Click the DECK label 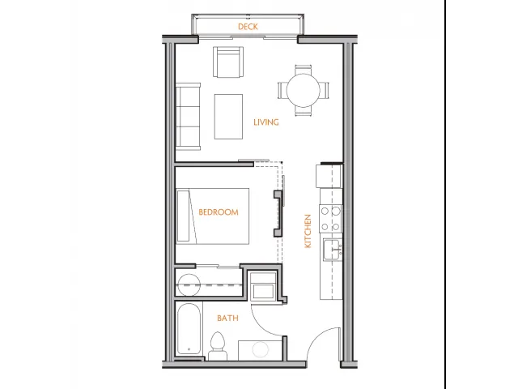248,27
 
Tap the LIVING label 266,122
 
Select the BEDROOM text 219,212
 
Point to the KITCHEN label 308,231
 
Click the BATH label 227,318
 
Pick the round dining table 304,90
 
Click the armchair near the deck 228,62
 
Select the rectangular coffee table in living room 228,117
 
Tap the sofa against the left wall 188,117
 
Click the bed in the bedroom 212,216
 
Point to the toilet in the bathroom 218,346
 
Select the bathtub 189,329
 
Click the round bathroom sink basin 261,349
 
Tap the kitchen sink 333,250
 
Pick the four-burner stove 330,218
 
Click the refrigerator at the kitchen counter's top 329,177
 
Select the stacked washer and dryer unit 263,286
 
